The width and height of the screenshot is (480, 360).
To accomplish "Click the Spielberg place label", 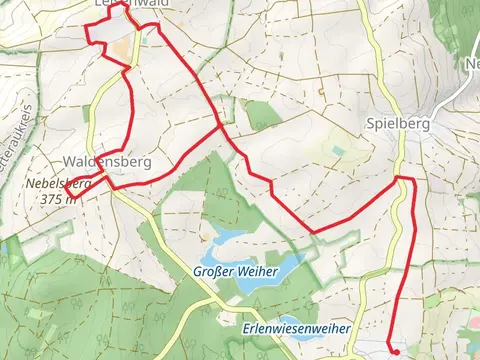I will point(399,124).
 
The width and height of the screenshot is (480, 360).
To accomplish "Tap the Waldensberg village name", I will point(105,160).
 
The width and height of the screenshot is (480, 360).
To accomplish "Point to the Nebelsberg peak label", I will point(58,184).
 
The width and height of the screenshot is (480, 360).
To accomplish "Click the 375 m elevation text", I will point(59,198).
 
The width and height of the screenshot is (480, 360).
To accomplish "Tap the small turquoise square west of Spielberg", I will point(338,151).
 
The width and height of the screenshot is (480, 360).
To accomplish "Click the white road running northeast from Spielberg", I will point(446,100).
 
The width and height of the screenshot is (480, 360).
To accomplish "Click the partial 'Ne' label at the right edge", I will point(472,65).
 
